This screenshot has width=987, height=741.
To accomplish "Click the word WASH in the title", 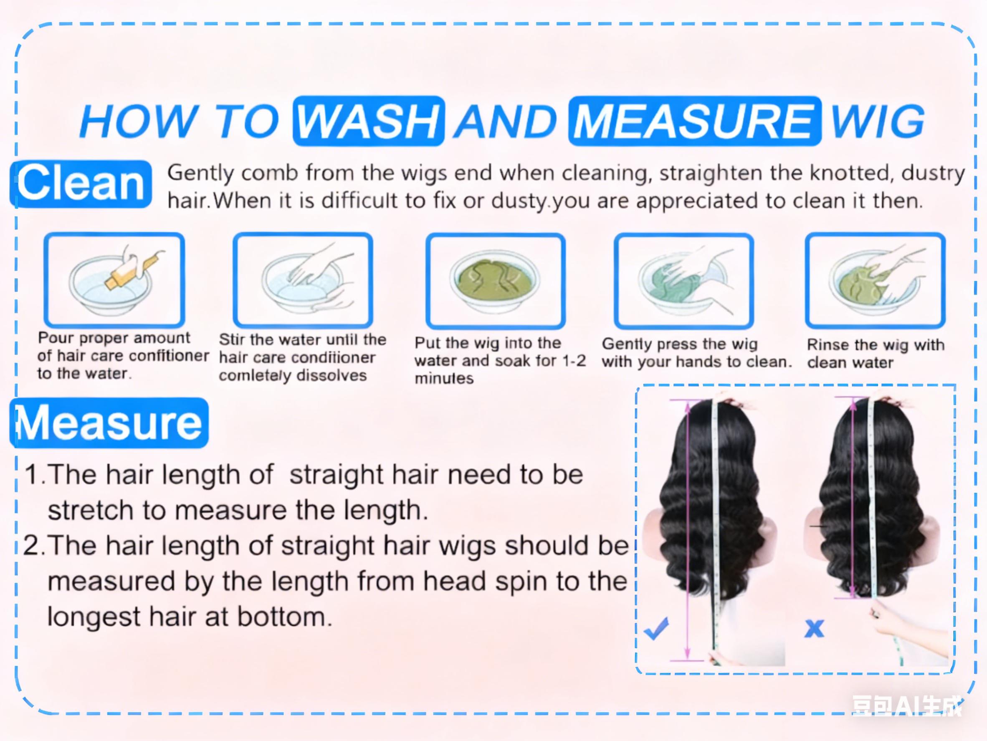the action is click(369, 121).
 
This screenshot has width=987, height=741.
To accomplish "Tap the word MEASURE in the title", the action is click(694, 121).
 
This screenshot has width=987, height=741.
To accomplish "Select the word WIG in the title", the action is click(877, 121).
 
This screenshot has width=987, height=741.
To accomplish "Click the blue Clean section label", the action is click(81, 183).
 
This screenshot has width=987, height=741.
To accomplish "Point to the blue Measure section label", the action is click(109, 423).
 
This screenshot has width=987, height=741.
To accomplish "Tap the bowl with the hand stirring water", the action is click(303, 280).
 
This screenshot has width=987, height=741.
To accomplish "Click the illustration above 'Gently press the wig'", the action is click(683, 280).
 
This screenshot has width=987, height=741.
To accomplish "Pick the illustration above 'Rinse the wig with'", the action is click(875, 280).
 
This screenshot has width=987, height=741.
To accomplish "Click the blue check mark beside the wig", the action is click(656, 629).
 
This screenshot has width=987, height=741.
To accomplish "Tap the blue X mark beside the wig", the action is click(814, 629).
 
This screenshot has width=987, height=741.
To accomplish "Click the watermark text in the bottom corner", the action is click(906, 706).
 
